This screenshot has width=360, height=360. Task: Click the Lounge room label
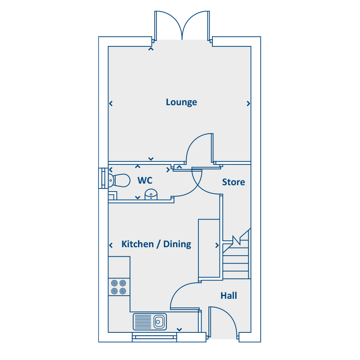click(x=181, y=102)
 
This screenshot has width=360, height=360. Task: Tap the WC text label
click(x=145, y=181)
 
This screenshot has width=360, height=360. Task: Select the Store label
click(x=234, y=182)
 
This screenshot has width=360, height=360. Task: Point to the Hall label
click(x=229, y=296)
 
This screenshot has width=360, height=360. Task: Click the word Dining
click(x=177, y=244)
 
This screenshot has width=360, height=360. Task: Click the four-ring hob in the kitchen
click(x=119, y=287)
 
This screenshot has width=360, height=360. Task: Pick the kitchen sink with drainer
click(x=150, y=321)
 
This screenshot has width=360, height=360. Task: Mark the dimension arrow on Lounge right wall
click(x=248, y=104)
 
